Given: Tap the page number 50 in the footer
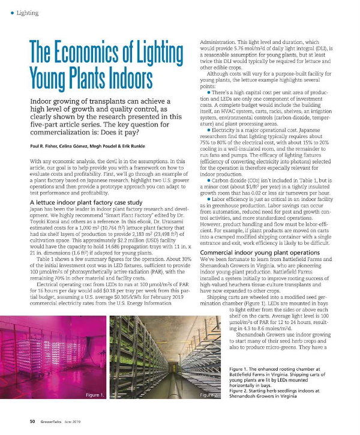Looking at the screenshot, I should coord(26,421).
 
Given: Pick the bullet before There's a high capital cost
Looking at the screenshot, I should coord(208,92).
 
